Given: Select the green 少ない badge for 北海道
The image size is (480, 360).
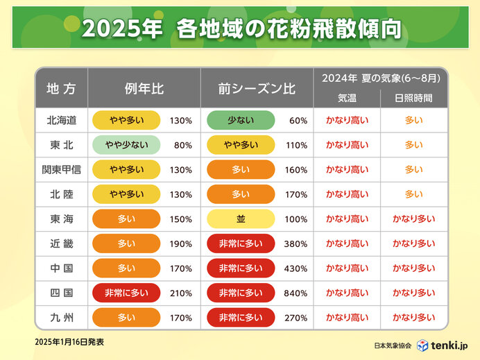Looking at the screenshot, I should pyautogui.click(x=241, y=120).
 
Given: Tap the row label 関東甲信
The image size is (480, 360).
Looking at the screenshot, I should pyautogui.click(x=61, y=169).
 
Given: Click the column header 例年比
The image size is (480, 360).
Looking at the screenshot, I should pyautogui.click(x=144, y=88).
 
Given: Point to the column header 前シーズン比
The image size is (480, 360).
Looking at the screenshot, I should pyautogui.click(x=257, y=88).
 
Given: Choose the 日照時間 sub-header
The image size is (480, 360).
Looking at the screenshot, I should pyautogui.click(x=414, y=98).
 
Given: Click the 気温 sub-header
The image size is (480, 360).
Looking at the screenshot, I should pyautogui.click(x=347, y=98).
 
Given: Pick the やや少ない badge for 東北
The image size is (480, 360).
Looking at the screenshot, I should pyautogui.click(x=125, y=145).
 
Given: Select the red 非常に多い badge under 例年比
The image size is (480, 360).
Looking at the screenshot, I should pyautogui.click(x=125, y=293).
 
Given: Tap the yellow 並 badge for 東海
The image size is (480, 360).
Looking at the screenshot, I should pyautogui.click(x=241, y=219).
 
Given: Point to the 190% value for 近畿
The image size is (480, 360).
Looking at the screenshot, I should pyautogui.click(x=180, y=243).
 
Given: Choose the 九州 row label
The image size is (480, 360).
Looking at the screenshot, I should pyautogui.click(x=61, y=318).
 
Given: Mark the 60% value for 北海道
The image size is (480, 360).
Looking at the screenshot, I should pyautogui.click(x=298, y=120).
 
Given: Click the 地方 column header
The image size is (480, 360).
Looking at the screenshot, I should pyautogui.click(x=61, y=88).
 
